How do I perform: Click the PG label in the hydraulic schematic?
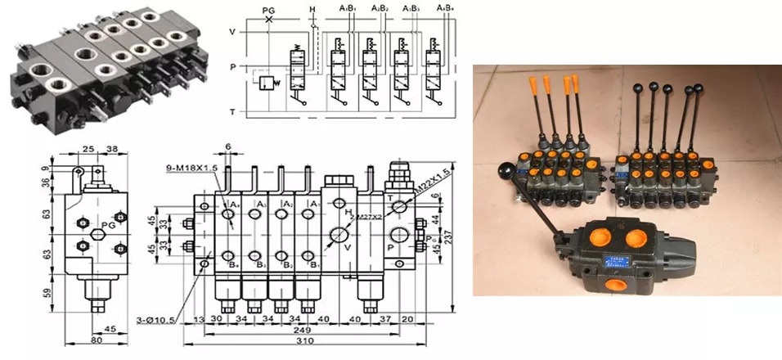(x=267, y=9)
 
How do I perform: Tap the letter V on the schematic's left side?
(x=232, y=32)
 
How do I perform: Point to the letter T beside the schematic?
(x=232, y=111)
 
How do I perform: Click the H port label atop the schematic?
(x=312, y=9)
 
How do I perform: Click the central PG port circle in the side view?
(x=97, y=236)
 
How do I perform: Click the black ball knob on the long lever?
(x=505, y=170)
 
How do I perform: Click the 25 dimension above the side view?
(x=88, y=151)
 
